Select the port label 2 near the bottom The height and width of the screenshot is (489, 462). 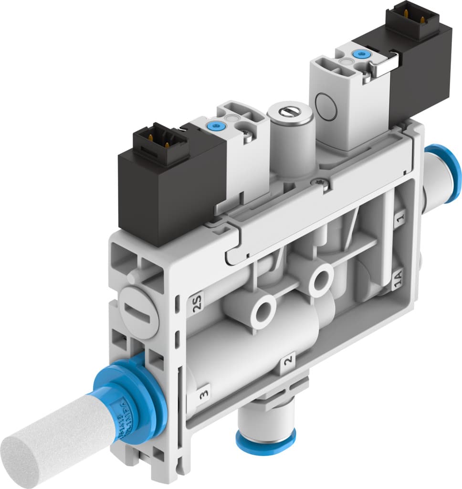[288, 360]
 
